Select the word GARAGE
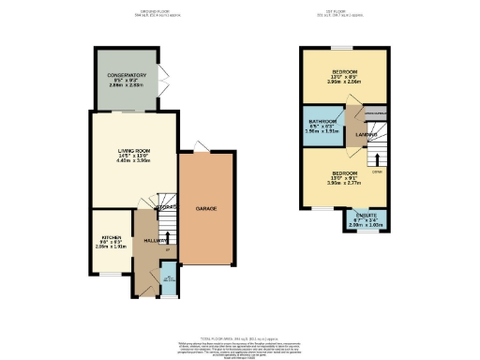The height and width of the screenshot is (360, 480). click(207, 207)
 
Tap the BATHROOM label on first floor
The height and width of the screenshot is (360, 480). click(323, 121)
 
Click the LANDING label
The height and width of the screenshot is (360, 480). click(366, 134)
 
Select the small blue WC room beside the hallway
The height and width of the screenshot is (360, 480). click(169, 279)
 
